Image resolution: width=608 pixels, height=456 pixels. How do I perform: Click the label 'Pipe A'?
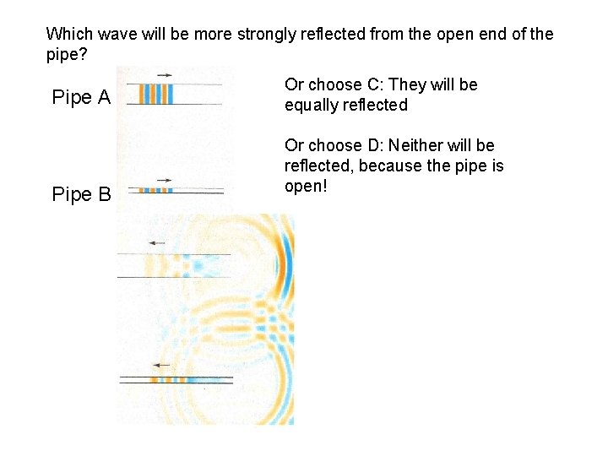tap(81, 97)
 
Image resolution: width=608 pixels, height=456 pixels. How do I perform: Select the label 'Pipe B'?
tap(81, 195)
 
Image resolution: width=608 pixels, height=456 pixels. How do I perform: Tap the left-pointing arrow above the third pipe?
tap(156, 243)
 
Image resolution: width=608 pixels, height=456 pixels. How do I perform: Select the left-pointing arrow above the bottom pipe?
tap(161, 365)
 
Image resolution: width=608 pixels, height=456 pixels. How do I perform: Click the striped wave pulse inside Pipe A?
tap(157, 93)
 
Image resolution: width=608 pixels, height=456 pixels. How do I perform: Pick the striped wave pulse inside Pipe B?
tap(156, 190)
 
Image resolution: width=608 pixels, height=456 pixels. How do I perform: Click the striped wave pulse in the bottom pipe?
tap(170, 380)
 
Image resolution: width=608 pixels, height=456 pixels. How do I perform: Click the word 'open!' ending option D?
tap(306, 186)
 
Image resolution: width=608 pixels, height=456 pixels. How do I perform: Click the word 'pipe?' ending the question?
tap(67, 55)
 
